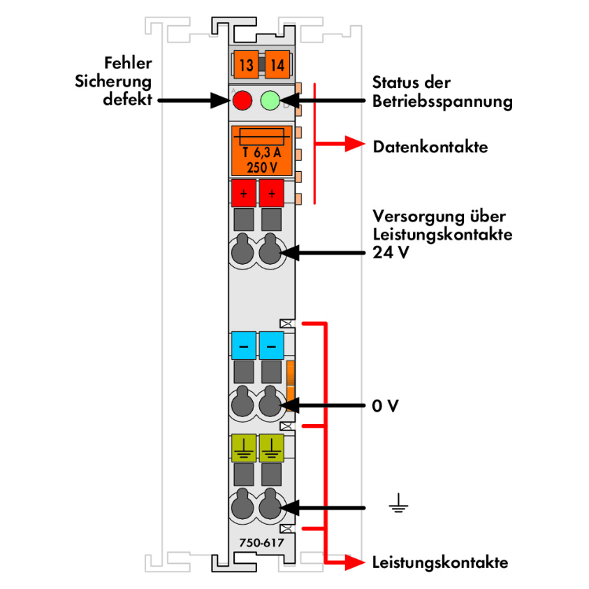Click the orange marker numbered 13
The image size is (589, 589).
click(247, 64)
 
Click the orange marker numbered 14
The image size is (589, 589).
click(276, 64)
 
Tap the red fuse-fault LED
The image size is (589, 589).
click(243, 101)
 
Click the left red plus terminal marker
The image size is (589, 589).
click(243, 192)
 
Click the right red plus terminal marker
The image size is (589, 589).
click(272, 192)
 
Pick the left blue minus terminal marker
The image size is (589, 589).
click(243, 345)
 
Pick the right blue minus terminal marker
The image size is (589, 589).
click(272, 345)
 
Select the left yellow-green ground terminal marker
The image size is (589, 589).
click(243, 448)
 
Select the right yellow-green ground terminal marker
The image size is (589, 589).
click(272, 448)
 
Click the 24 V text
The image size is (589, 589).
click(390, 253)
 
